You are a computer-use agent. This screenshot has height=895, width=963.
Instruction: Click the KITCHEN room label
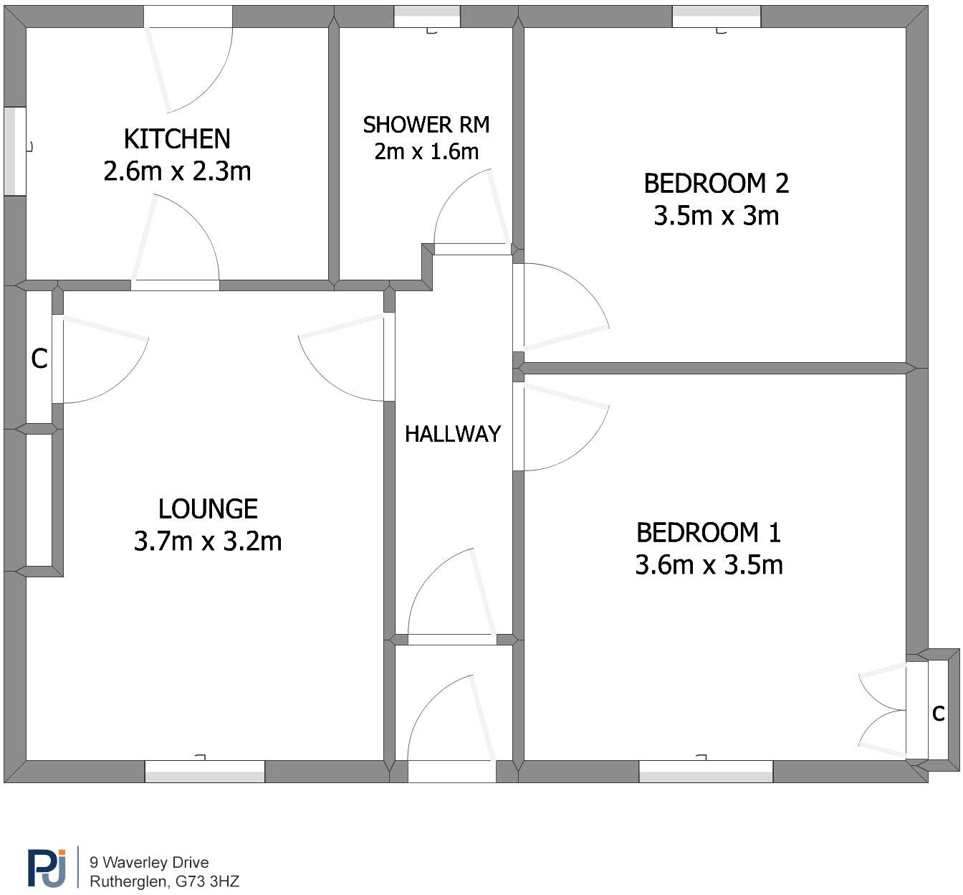(x=177, y=138)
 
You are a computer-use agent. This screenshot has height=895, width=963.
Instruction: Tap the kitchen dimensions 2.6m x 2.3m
(x=177, y=171)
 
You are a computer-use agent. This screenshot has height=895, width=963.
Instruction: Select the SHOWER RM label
(x=426, y=125)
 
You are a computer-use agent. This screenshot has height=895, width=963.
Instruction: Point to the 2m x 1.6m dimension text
(x=426, y=151)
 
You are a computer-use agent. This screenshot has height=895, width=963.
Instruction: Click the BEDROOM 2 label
(x=716, y=184)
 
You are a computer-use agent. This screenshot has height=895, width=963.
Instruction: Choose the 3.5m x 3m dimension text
(x=716, y=216)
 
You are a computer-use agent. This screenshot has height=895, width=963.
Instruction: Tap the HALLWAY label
(x=453, y=434)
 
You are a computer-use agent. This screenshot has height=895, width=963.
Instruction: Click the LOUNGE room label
(x=208, y=509)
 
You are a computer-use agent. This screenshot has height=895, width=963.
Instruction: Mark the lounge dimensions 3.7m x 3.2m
(x=208, y=541)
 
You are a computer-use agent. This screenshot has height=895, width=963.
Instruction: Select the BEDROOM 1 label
(x=709, y=533)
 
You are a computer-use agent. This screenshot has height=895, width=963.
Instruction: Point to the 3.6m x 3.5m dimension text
(x=709, y=565)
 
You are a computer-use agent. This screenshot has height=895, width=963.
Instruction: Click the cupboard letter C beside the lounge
(x=39, y=359)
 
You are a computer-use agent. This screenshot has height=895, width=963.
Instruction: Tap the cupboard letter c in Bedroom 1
(x=939, y=713)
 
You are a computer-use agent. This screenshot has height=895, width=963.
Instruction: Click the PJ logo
(x=47, y=868)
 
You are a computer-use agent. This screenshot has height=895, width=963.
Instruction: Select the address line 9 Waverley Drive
(x=149, y=863)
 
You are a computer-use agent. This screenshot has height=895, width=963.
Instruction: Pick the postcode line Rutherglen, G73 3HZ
(x=164, y=881)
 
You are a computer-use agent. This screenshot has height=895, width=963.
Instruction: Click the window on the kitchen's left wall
(x=15, y=151)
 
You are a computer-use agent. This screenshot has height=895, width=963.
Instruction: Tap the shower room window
(x=427, y=16)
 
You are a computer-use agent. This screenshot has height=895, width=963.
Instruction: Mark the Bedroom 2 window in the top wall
(x=717, y=16)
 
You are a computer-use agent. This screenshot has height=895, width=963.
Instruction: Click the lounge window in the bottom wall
(x=205, y=772)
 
